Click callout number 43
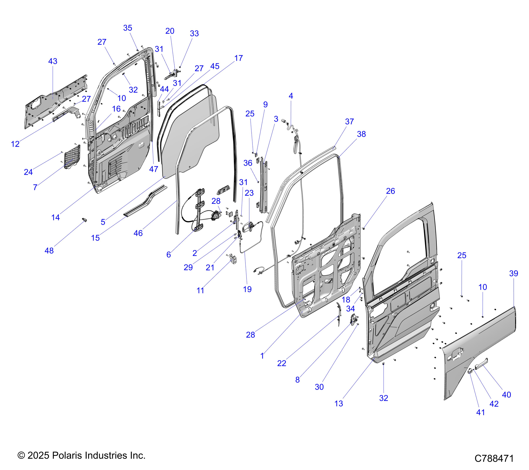[x=53, y=61]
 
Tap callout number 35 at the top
[x=128, y=28]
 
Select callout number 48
[x=49, y=251]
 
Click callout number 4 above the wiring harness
[x=291, y=96]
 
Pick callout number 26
[x=391, y=191]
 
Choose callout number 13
[x=339, y=403]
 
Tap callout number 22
[x=282, y=363]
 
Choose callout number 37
[x=349, y=122]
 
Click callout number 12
[x=15, y=144]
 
